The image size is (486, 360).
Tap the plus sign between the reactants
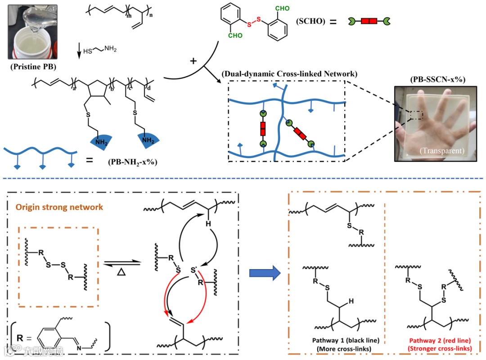[x=194, y=61]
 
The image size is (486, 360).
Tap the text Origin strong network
[x=59, y=207]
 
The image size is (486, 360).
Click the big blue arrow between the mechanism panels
[x=265, y=272]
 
